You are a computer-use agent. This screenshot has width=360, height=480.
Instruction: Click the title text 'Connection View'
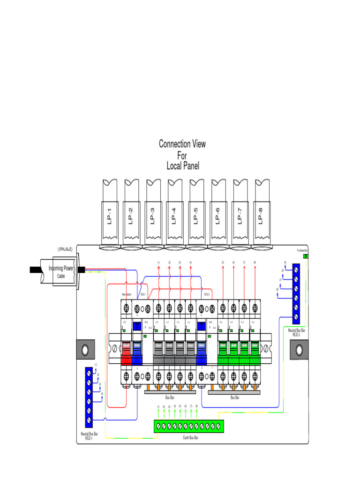[182, 144]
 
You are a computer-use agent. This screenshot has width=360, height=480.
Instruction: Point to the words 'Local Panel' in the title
[183, 166]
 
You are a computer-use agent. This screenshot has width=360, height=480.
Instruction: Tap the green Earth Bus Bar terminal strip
[189, 426]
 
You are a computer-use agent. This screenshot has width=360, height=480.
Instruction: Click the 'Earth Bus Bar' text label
[190, 437]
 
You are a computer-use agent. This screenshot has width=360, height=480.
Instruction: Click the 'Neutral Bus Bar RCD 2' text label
[296, 332]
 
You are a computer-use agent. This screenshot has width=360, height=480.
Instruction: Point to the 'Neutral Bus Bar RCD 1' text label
[89, 436]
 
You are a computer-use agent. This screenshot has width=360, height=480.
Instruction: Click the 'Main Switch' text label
[126, 295]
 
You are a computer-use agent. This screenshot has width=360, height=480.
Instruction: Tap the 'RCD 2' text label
[206, 295]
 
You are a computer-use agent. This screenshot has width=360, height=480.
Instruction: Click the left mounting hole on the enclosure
[85, 350]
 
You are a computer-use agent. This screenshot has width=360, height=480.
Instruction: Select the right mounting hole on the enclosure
[299, 350]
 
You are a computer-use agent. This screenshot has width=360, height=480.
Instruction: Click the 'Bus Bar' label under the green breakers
[234, 397]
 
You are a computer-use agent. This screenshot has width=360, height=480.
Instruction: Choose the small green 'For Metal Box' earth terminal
[306, 256]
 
